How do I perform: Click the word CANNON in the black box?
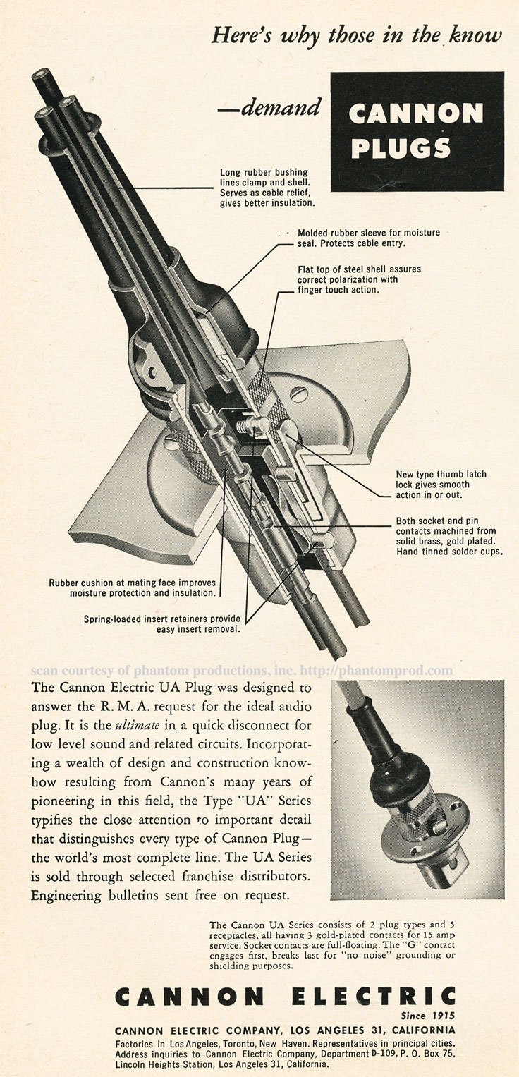[417, 113]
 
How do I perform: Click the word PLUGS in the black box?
[401, 148]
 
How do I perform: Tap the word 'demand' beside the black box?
[281, 108]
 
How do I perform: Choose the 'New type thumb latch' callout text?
[441, 485]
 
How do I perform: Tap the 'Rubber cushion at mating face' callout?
[132, 588]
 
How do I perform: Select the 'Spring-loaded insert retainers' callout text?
[161, 623]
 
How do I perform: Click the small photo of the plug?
[417, 789]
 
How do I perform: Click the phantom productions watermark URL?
[377, 670]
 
